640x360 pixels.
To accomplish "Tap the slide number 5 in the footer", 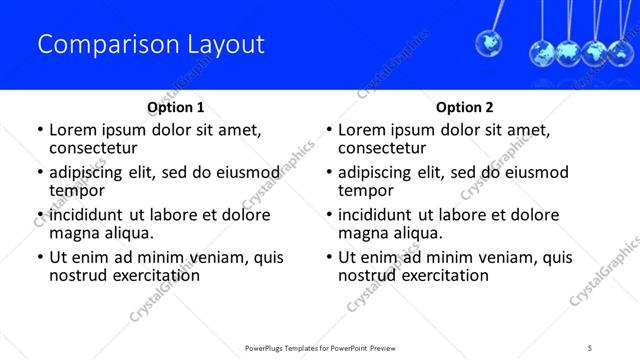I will tap(592, 348).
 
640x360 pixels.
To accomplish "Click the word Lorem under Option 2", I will tap(363, 130).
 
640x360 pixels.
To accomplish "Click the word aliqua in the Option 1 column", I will tap(129, 233).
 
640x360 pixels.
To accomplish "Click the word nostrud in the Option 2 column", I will tap(369, 275).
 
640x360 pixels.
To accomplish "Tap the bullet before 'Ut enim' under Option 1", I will tap(39, 258).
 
